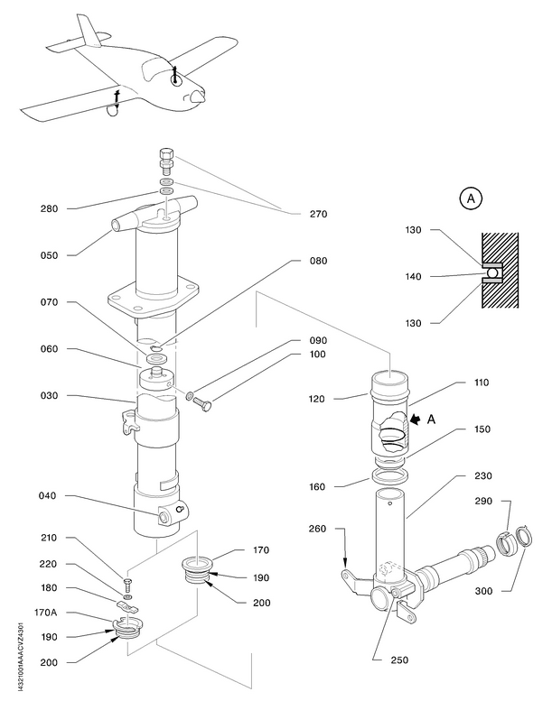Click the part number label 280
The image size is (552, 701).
[49, 208]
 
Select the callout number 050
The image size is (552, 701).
[49, 255]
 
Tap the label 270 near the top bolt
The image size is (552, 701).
[317, 215]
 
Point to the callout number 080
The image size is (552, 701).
[317, 262]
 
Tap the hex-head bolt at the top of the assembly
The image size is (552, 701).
[165, 161]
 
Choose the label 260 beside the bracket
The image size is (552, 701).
[317, 530]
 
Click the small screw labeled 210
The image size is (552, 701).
[129, 582]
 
